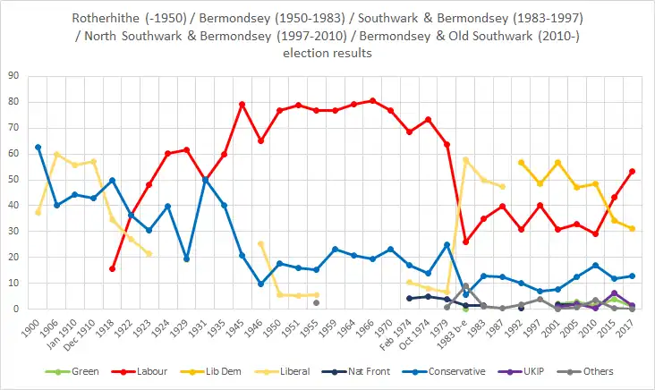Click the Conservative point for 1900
[38, 147]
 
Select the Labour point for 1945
[242, 105]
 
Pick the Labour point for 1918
[112, 268]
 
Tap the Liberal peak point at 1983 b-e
[465, 159]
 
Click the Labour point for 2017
[632, 171]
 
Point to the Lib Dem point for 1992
[521, 162]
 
